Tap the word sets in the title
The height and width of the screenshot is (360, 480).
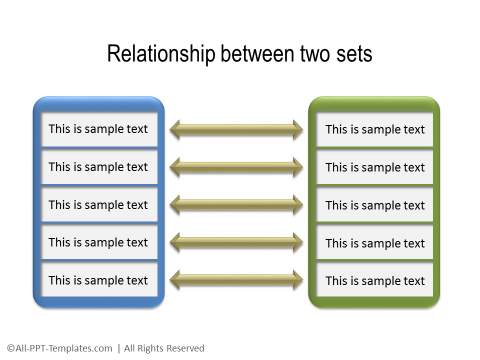[x=351, y=54]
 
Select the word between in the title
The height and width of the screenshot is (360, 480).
[x=250, y=54]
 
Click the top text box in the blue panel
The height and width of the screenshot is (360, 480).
[x=98, y=129]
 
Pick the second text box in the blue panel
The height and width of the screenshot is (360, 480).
[x=98, y=167]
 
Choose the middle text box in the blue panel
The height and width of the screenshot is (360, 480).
[x=98, y=205]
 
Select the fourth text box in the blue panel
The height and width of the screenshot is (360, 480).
[x=98, y=242]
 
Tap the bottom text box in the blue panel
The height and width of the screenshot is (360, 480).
[x=98, y=280]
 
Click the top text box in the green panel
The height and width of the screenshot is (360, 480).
[x=375, y=129]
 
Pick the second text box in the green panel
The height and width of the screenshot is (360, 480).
[x=375, y=167]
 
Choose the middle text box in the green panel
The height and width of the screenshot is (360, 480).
[x=375, y=205]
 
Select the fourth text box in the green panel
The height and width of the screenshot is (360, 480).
[x=375, y=243]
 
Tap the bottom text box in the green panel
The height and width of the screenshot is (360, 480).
[x=375, y=280]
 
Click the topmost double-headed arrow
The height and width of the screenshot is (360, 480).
[x=236, y=129]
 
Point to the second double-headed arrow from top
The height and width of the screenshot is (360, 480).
[x=236, y=167]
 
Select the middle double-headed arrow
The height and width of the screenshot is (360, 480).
[x=236, y=205]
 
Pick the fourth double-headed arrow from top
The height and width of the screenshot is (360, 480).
[x=236, y=242]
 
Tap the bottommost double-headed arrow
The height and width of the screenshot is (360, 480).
[x=236, y=280]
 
